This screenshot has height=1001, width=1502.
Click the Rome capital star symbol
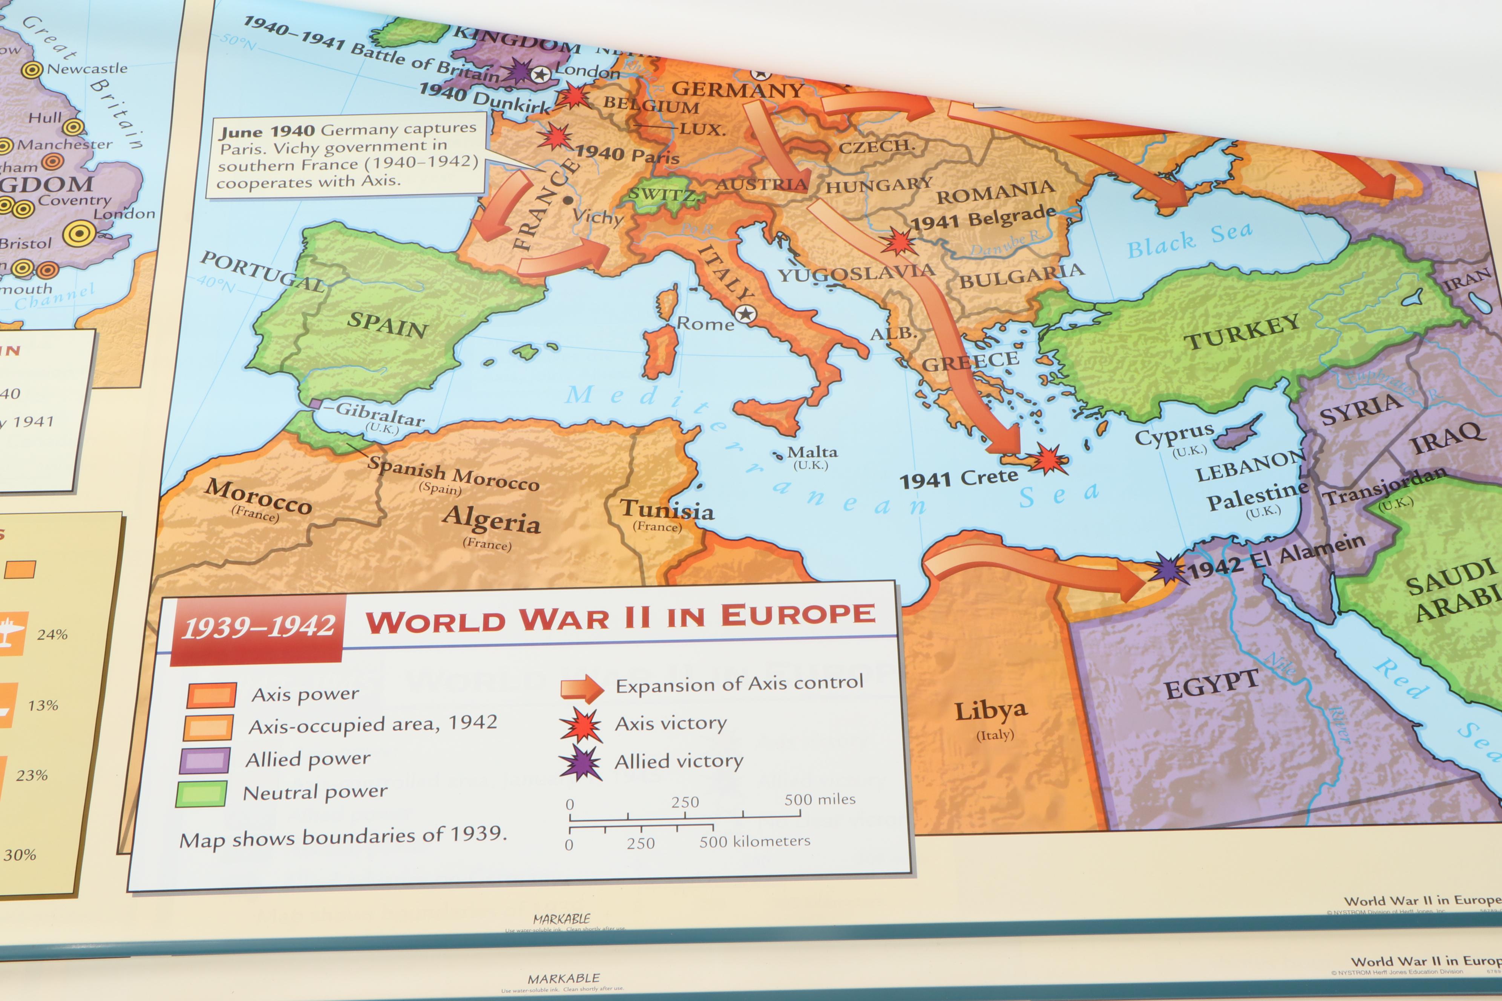745,314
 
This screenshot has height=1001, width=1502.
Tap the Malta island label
812,452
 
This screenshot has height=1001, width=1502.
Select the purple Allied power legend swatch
205,760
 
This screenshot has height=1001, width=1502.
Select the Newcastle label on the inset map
87,68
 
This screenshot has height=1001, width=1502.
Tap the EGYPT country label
1211,684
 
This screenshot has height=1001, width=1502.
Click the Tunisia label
667,509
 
